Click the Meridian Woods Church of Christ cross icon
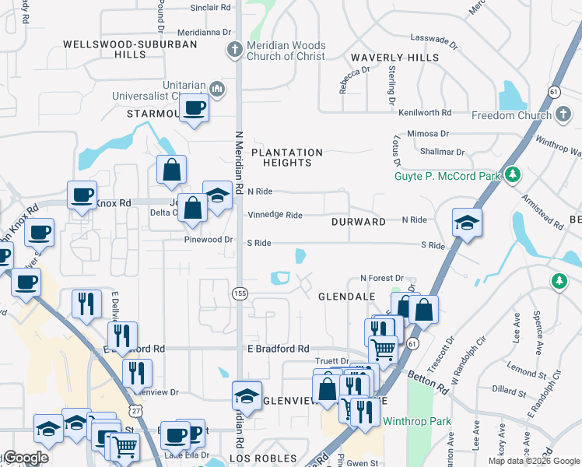coord(234,51)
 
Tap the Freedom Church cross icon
coord(563,115)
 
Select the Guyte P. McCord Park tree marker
coord(511,175)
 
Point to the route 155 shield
coord(239,292)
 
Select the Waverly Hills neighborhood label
coord(394,58)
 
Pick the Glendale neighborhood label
coord(347,297)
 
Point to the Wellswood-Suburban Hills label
coord(130,50)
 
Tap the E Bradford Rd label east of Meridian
coord(278,349)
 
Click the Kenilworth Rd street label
coord(425,113)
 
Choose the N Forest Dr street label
coord(382,278)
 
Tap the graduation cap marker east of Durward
coord(467,223)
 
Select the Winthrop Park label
coord(406,422)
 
